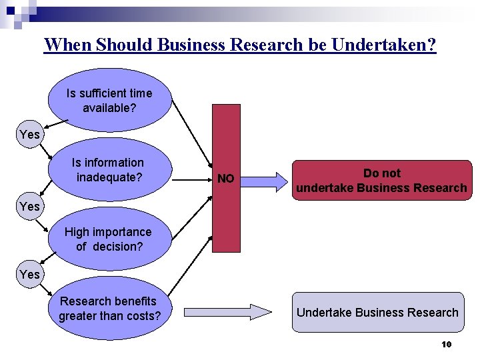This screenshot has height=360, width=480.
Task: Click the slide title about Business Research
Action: (240, 45)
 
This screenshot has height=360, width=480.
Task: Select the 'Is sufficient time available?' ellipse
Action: (109, 100)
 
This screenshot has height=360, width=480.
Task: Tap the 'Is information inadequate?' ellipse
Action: (109, 170)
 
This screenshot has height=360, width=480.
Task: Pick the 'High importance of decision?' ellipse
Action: (109, 239)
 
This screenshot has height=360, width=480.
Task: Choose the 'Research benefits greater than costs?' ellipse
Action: (109, 307)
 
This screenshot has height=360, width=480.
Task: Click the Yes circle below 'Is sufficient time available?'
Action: (30, 135)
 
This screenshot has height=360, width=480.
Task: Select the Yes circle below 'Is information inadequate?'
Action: (30, 207)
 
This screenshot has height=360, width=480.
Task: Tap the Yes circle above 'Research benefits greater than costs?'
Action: (30, 274)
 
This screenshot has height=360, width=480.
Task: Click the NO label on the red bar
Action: (226, 179)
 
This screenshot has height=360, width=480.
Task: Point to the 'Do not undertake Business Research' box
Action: (381, 180)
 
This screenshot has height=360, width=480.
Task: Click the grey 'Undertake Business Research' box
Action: (377, 312)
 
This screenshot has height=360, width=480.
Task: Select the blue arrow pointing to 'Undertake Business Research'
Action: (227, 311)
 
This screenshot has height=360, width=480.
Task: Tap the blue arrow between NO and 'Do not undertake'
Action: (263, 178)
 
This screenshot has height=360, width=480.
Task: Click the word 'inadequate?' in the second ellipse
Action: (109, 177)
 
